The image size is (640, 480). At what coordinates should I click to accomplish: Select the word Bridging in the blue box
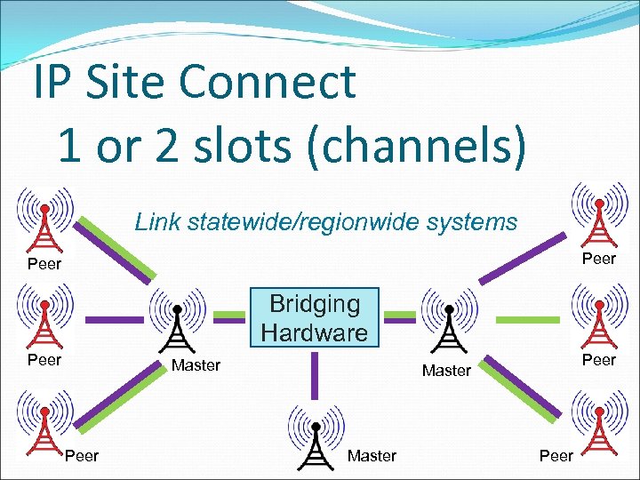[x=315, y=304]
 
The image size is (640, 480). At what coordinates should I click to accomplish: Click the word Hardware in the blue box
[x=315, y=333]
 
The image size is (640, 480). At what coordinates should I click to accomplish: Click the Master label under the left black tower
[x=196, y=365]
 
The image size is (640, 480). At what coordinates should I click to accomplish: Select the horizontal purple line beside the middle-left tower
[x=113, y=318]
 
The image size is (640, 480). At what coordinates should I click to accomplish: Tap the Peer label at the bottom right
[x=556, y=456]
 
